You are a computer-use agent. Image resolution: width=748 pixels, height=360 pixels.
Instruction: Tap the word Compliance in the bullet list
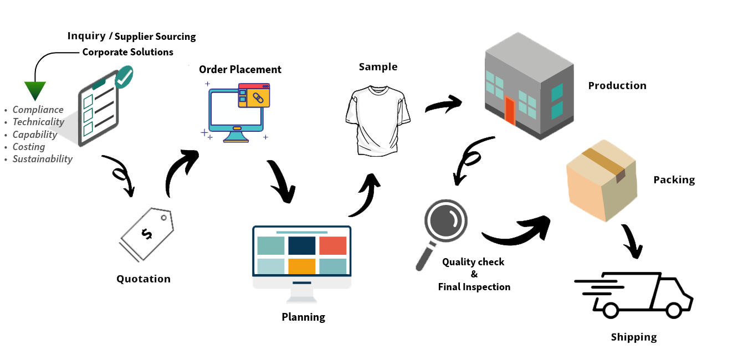click(x=38, y=110)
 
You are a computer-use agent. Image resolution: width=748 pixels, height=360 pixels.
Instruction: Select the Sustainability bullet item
click(x=43, y=159)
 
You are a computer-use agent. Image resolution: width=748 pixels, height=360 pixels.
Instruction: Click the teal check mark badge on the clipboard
click(x=124, y=77)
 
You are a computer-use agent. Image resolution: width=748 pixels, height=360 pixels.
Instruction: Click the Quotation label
click(x=144, y=279)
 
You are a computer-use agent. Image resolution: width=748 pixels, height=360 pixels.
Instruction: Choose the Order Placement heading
click(x=240, y=69)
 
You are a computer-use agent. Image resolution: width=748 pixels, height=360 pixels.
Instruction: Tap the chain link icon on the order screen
click(x=257, y=98)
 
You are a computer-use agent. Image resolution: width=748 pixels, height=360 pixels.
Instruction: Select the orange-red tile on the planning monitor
click(x=332, y=245)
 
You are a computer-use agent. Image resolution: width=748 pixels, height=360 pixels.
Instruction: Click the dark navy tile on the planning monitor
click(x=302, y=245)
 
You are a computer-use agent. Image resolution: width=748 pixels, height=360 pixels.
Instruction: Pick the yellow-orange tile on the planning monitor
click(x=302, y=266)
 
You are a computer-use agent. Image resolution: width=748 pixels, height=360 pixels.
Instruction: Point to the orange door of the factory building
click(x=510, y=111)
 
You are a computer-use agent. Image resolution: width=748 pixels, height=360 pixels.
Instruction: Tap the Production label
click(x=617, y=85)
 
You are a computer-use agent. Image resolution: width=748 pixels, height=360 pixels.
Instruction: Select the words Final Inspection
click(x=474, y=287)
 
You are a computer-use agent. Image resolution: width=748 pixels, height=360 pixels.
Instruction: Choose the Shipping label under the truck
click(x=634, y=337)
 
